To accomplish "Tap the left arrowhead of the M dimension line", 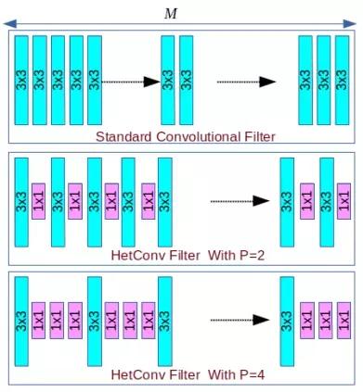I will tap(12, 20).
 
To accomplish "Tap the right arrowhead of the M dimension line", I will tap(351, 20).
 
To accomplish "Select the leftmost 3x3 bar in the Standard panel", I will tap(21, 80).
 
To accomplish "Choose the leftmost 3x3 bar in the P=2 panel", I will tap(21, 201).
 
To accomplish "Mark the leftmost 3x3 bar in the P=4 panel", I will tap(21, 321).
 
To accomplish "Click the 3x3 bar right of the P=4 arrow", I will tap(287, 321).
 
